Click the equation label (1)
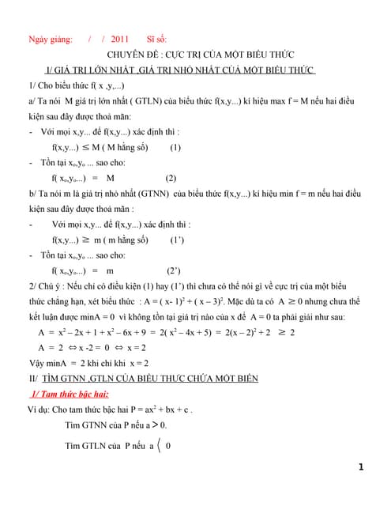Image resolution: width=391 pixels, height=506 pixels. click(x=175, y=147)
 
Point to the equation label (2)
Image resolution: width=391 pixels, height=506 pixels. click(x=171, y=178)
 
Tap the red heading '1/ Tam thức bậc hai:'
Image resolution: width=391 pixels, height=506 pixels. click(x=70, y=395)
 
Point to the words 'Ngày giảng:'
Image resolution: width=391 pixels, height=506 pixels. click(x=50, y=39)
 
